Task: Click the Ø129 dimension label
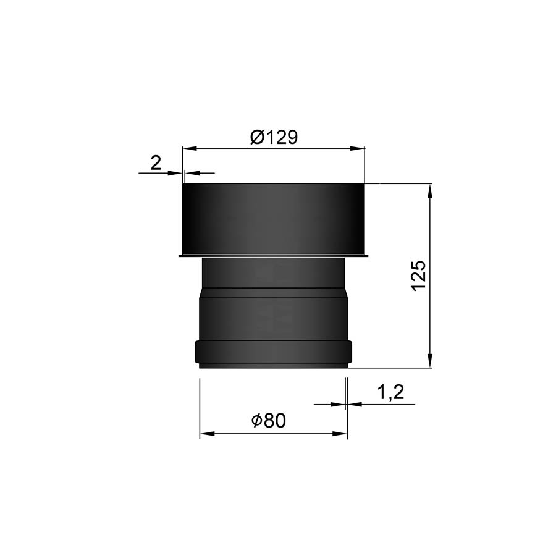[x=274, y=137]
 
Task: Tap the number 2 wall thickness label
[x=156, y=162]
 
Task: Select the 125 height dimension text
[x=419, y=276]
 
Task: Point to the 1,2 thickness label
[x=390, y=392]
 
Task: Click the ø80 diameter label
[x=268, y=421]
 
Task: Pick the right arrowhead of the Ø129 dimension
[x=357, y=149]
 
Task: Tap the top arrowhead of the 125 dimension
[x=430, y=191]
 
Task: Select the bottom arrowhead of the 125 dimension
[x=430, y=360]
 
